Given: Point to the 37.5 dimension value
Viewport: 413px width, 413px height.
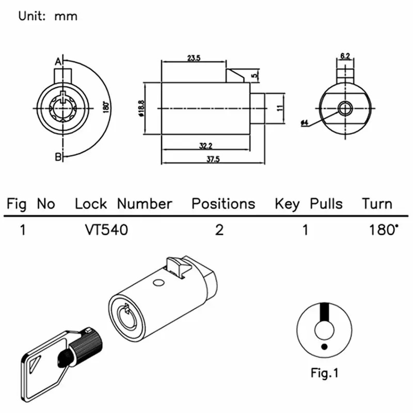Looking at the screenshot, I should pyautogui.click(x=213, y=160).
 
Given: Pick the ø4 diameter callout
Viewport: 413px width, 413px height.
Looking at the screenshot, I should pyautogui.click(x=305, y=123).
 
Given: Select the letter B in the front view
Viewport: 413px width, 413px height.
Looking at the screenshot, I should pyautogui.click(x=58, y=156).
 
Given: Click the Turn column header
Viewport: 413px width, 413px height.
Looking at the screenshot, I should pyautogui.click(x=377, y=203).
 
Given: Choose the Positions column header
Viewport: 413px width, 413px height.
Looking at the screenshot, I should pyautogui.click(x=224, y=203).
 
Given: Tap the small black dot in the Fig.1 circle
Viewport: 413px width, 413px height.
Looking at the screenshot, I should pyautogui.click(x=324, y=346).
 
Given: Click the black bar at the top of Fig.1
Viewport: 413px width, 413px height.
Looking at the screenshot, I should pyautogui.click(x=324, y=313).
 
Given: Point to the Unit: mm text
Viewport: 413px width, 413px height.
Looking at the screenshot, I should pyautogui.click(x=48, y=16).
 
